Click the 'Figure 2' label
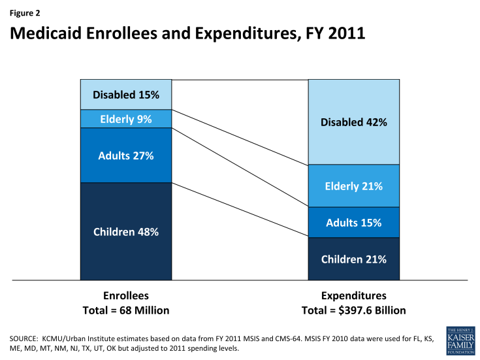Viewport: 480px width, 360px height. [22, 10]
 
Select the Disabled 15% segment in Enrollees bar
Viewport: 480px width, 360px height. [126, 95]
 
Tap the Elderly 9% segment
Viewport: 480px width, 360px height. [126, 119]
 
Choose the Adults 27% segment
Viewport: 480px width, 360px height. [126, 155]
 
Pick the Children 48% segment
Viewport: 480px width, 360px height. [126, 231]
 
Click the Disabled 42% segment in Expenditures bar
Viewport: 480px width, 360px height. [353, 122]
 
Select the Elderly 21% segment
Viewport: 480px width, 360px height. [353, 186]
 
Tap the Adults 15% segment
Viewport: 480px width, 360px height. [353, 222]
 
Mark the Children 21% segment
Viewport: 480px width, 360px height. [353, 259]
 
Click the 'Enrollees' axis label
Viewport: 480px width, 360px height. [126, 295]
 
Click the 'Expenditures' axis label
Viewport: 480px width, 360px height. [353, 295]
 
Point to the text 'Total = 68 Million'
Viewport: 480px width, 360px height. [126, 310]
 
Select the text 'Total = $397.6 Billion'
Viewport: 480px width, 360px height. [353, 310]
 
